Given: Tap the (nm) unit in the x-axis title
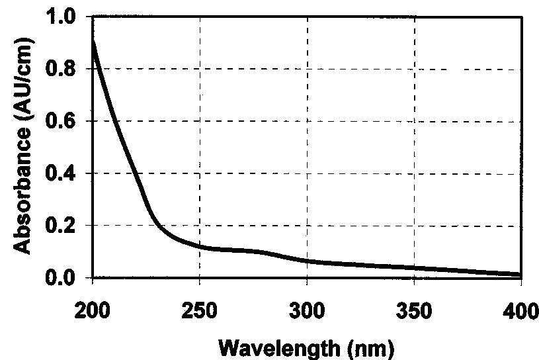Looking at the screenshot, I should tap(371, 345).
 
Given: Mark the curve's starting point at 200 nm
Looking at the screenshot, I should tap(93, 41).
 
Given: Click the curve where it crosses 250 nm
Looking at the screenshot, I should tap(200, 246).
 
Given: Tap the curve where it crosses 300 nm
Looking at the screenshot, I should tap(307, 261).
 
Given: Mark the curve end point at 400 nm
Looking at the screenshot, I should tap(521, 274).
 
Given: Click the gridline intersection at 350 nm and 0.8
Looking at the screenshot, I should tap(414, 68).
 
